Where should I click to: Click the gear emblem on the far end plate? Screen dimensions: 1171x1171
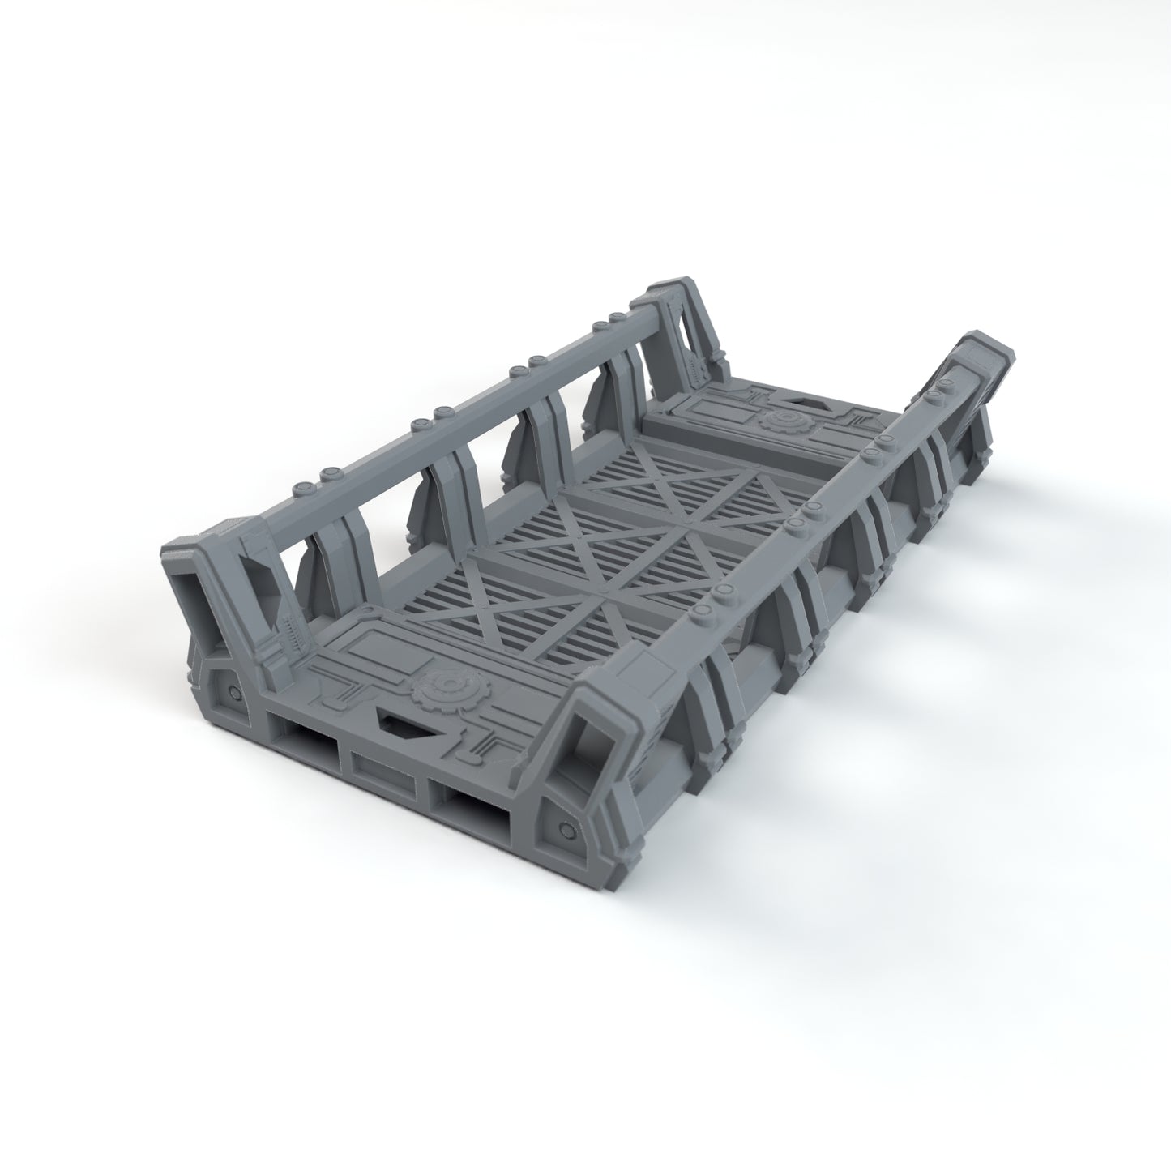[x=781, y=422]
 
